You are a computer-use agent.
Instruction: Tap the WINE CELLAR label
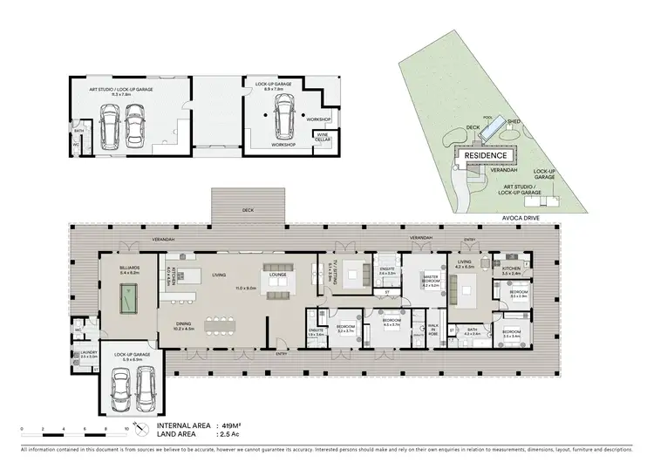[x=322, y=137]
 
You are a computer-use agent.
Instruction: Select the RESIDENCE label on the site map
[x=485, y=155]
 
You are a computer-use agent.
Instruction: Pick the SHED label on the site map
[x=514, y=122]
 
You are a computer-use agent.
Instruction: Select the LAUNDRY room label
[x=87, y=353]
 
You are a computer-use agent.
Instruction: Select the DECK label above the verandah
[x=248, y=210]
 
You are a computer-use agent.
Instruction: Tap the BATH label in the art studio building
[x=78, y=132]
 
